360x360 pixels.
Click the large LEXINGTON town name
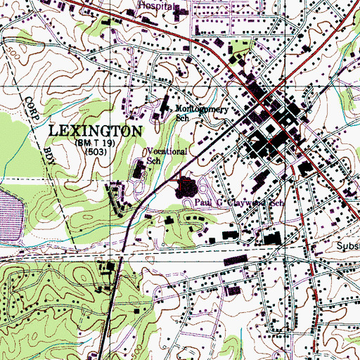95,131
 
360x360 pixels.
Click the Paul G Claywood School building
188,188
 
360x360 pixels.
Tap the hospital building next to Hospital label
180,12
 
